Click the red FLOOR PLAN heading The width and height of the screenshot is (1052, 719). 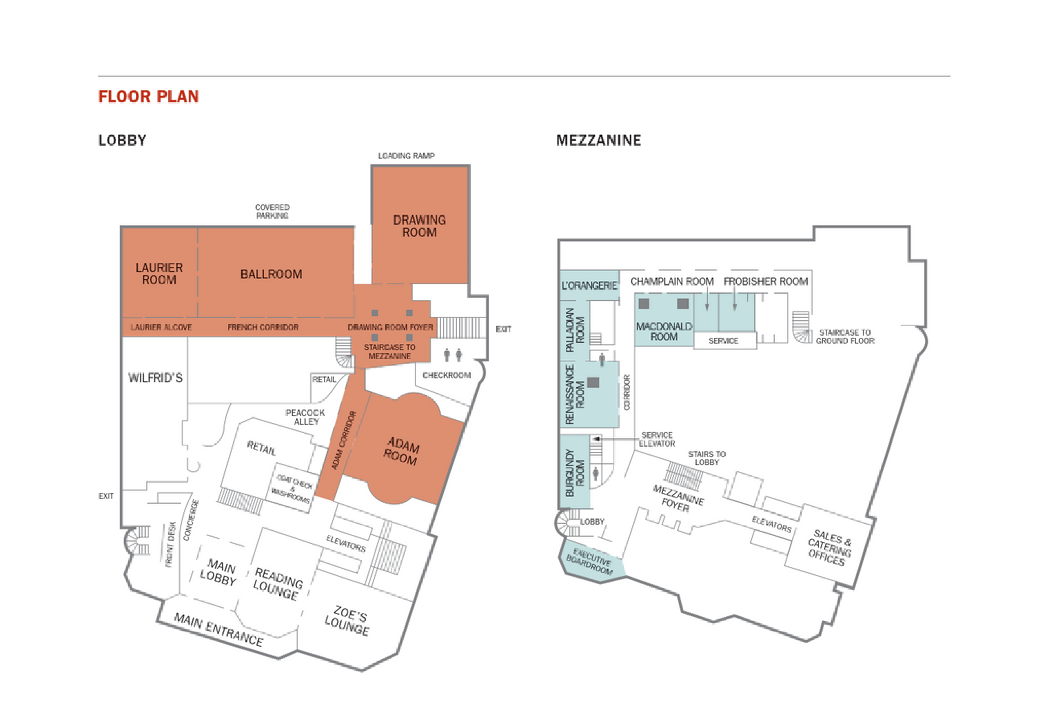tap(149, 97)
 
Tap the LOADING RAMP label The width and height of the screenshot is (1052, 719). tap(406, 156)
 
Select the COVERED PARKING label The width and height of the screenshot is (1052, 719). tap(272, 211)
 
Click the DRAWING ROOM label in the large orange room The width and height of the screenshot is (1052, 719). tap(419, 226)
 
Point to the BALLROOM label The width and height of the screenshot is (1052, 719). tap(271, 274)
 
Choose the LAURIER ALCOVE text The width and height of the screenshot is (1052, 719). tap(161, 328)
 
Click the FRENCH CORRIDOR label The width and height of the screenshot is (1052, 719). tap(263, 328)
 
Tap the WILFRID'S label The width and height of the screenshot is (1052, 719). tap(155, 378)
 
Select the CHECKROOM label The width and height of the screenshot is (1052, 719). tap(447, 375)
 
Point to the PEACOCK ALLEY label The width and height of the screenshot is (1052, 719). tap(306, 417)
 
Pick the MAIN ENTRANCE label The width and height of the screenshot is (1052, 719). tap(219, 630)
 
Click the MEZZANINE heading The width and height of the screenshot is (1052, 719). tap(599, 140)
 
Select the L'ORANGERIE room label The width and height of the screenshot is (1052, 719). tap(589, 286)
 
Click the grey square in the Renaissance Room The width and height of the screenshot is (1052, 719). tap(593, 382)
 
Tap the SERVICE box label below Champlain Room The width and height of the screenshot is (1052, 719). tap(723, 341)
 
